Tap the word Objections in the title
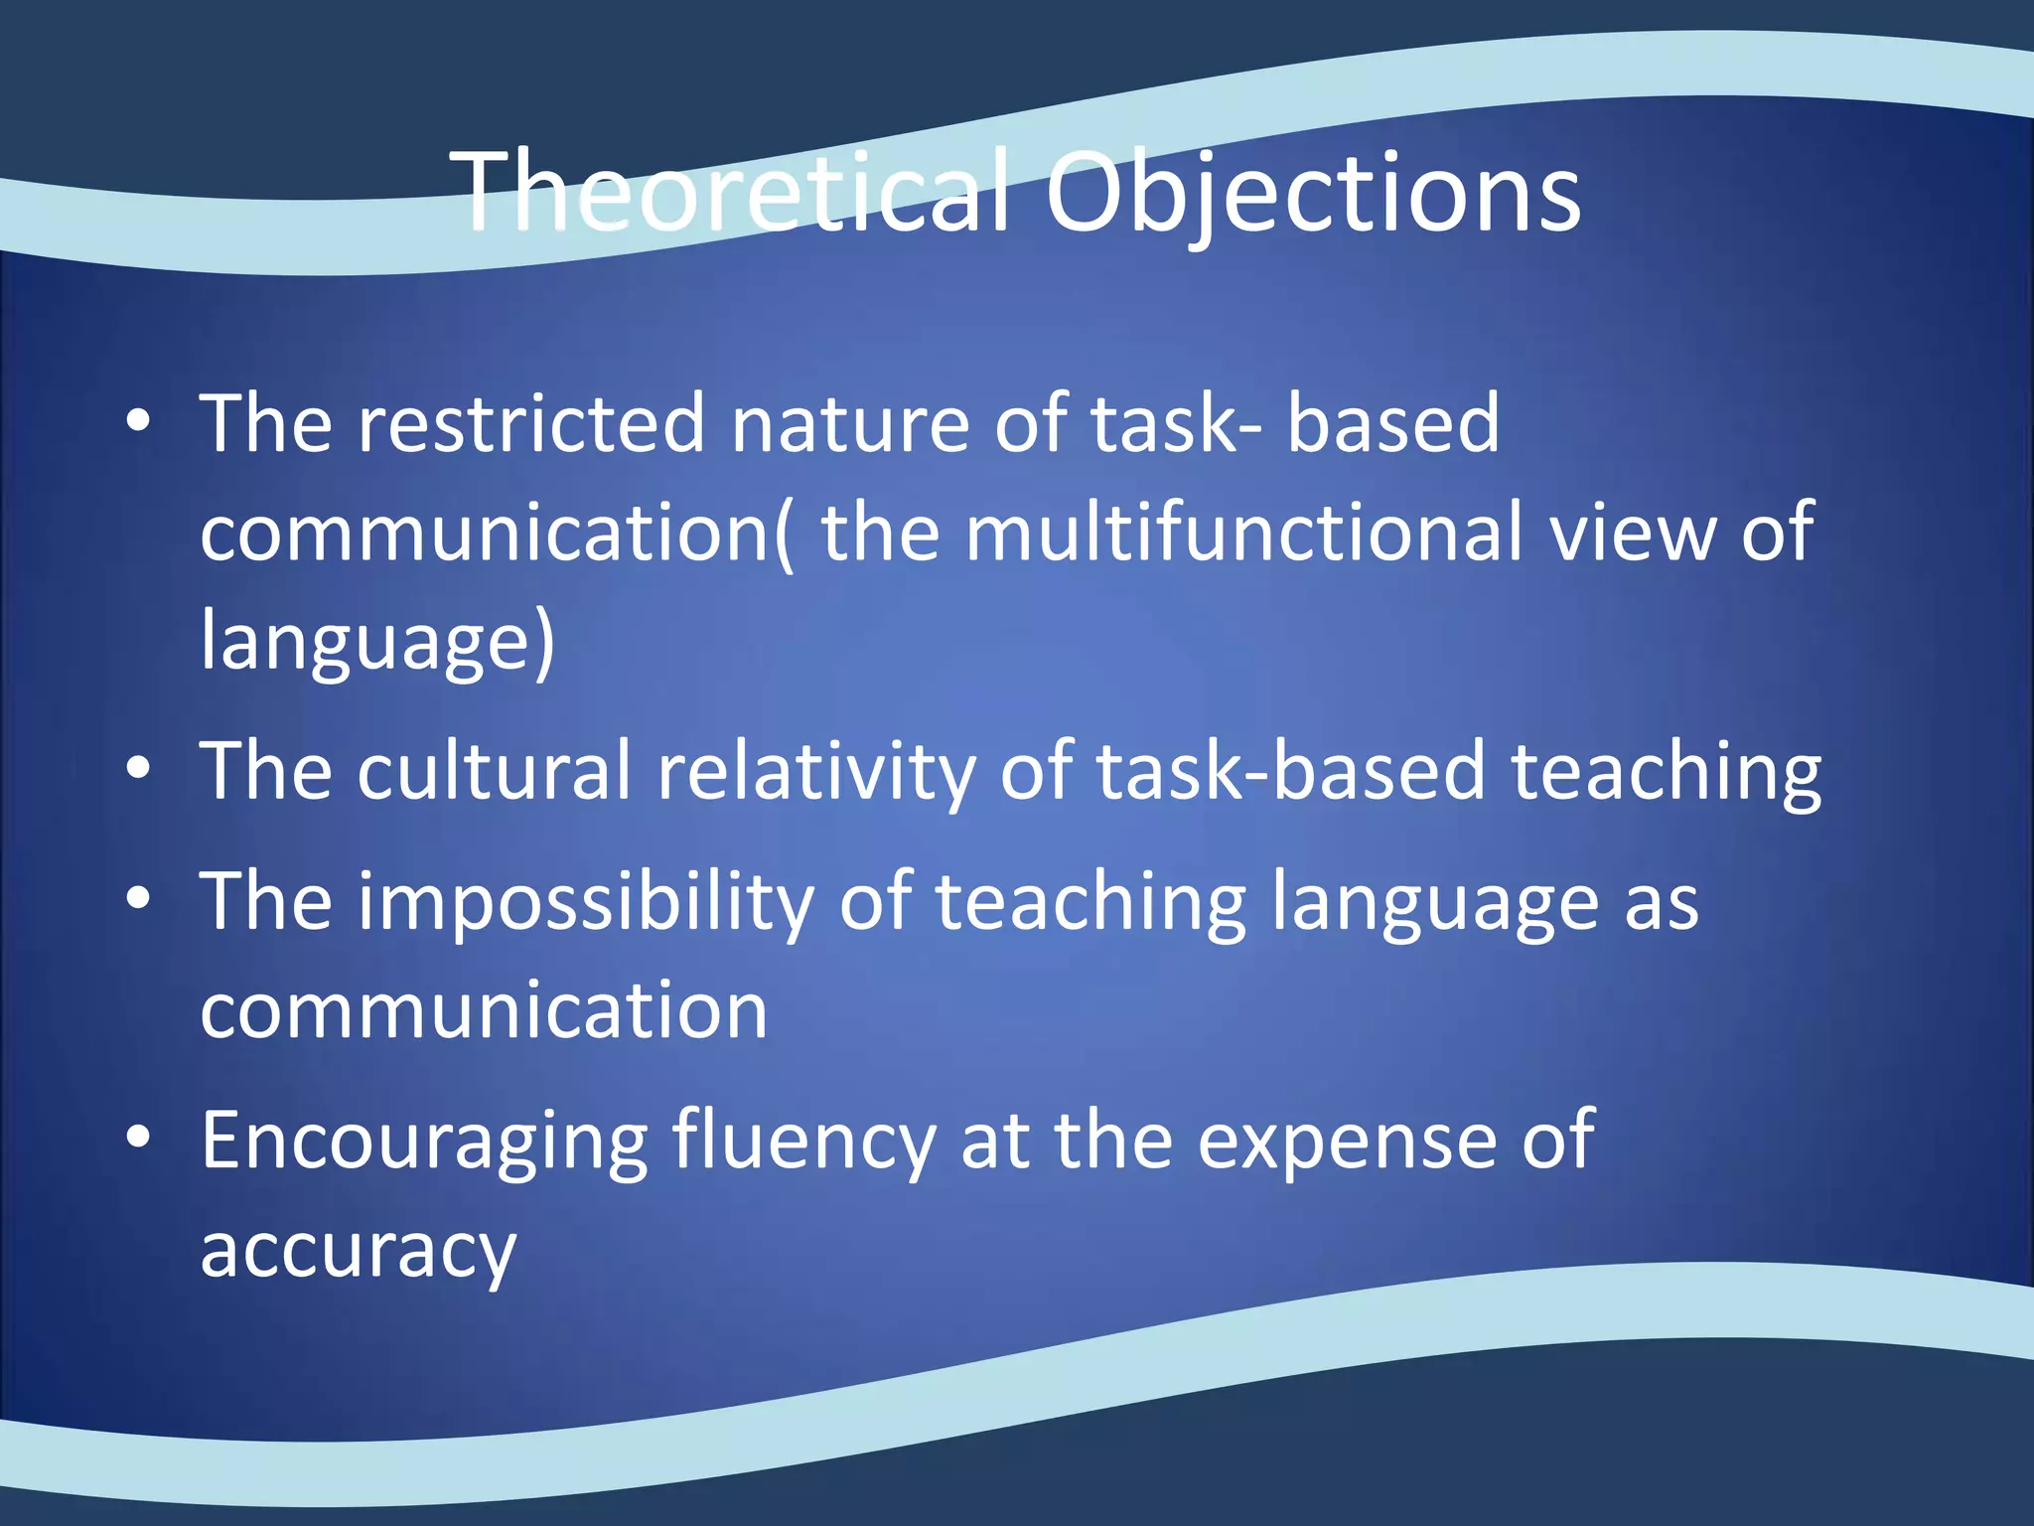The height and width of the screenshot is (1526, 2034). pos(1312,194)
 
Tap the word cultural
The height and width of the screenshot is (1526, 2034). pos(494,771)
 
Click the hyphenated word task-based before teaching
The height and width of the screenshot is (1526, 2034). pos(1290,771)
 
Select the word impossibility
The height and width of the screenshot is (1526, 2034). pos(585,902)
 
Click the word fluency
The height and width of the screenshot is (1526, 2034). pos(803,1142)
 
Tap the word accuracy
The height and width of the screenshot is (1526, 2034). pos(359,1251)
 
